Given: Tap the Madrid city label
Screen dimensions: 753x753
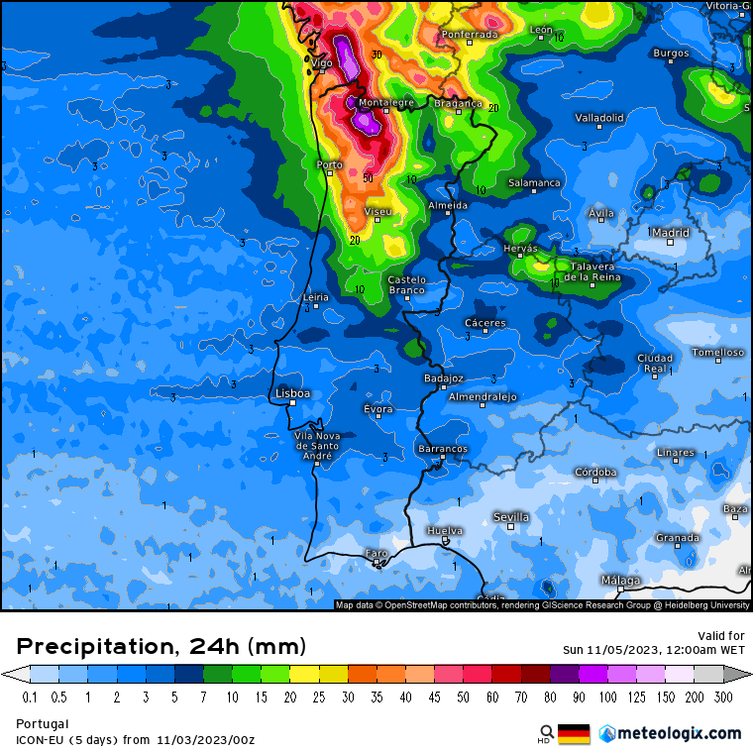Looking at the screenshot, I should (671, 233).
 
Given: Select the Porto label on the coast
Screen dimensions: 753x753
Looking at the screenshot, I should (329, 164).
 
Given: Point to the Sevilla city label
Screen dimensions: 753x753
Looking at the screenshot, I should (510, 517).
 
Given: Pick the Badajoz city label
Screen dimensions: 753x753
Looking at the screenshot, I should (443, 377).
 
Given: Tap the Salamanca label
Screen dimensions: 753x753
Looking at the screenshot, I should (534, 182).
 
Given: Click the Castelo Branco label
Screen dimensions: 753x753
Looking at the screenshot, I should (406, 284).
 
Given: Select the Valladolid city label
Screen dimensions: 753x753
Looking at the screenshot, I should (599, 118).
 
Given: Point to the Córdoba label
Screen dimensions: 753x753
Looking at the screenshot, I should (596, 472).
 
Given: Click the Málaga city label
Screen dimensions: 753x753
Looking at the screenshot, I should (620, 580).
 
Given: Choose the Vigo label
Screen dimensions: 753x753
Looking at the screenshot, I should (322, 62).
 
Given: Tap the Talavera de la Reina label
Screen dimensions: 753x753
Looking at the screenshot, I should (592, 271).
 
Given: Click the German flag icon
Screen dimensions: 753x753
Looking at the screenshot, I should (574, 733).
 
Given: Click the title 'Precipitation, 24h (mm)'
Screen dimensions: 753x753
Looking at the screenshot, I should (161, 646).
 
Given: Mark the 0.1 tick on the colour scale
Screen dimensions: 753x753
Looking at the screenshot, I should (30, 697).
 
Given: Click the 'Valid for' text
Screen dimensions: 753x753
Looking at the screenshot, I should (721, 635).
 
